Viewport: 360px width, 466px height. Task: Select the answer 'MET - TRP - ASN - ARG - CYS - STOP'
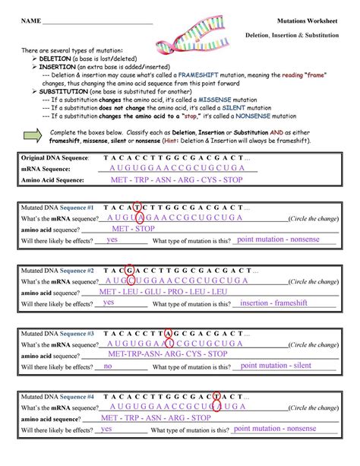tap(176, 180)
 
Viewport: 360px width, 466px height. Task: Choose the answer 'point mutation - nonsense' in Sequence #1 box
tap(278, 239)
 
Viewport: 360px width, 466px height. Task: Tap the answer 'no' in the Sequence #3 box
tap(108, 366)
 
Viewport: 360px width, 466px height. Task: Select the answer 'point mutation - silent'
tap(276, 366)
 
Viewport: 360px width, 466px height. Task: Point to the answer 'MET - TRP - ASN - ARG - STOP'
tap(155, 417)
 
